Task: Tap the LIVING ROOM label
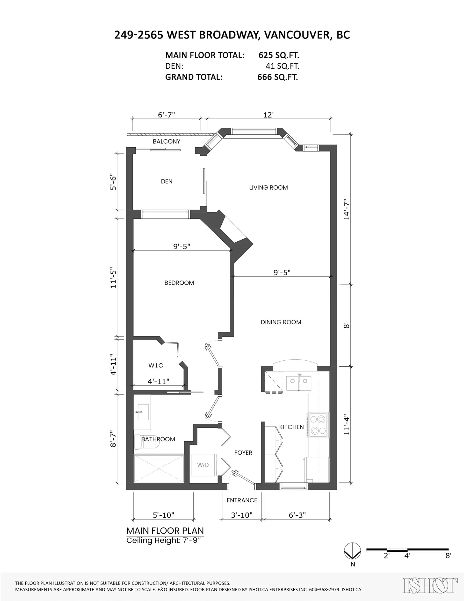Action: tap(268, 188)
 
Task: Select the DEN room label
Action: tap(167, 181)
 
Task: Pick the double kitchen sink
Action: tap(299, 383)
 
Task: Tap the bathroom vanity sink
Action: tap(143, 412)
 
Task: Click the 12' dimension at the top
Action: tap(268, 115)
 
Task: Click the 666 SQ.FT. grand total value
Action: tap(277, 77)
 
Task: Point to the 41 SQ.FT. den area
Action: tap(282, 66)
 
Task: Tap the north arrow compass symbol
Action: tap(352, 551)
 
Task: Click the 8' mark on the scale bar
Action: tap(448, 556)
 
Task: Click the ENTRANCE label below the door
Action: tap(242, 500)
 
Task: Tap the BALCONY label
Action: tap(167, 141)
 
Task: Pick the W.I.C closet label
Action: tap(156, 365)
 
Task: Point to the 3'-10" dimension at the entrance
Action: tap(241, 515)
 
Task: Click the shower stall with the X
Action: tap(159, 468)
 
